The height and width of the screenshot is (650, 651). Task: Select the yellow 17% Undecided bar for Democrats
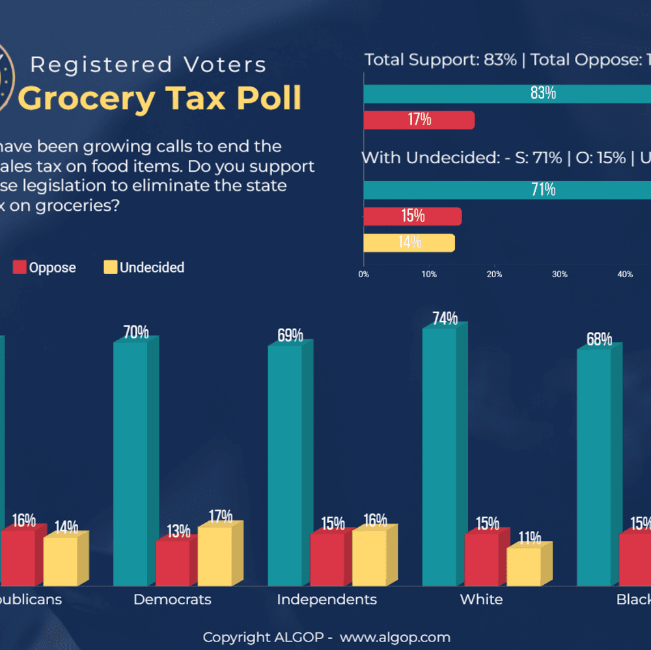pos(214,556)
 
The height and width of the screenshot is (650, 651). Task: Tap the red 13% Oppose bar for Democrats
pos(172,563)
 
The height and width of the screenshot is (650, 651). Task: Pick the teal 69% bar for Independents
pos(284,465)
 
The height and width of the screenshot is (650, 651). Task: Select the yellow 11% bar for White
pos(523,566)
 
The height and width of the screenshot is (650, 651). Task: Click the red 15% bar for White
pos(481,560)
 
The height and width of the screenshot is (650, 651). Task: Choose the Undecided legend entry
pos(144,267)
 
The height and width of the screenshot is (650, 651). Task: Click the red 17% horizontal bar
pos(419,120)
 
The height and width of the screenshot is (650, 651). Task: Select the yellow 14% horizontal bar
pos(409,243)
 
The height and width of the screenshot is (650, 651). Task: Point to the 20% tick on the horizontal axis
pos(494,275)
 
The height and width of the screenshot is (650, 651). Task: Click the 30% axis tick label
pos(559,275)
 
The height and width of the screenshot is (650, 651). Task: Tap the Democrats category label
pos(172,599)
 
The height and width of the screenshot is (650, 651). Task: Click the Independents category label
pos(326,599)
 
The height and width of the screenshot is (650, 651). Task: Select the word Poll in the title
pos(269,98)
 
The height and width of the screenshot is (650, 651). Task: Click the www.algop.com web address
pos(395,637)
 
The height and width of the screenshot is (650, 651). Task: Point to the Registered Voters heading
pos(148,65)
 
